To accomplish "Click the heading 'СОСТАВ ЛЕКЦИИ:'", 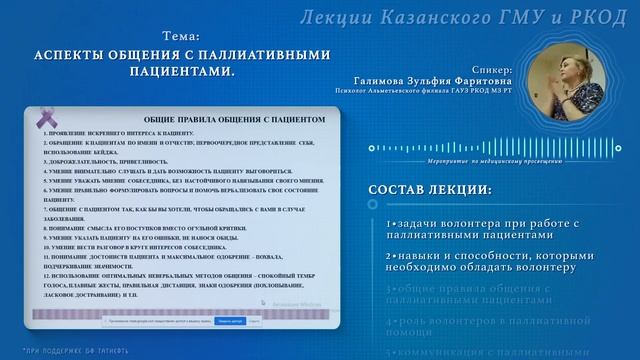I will pos(429,190).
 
